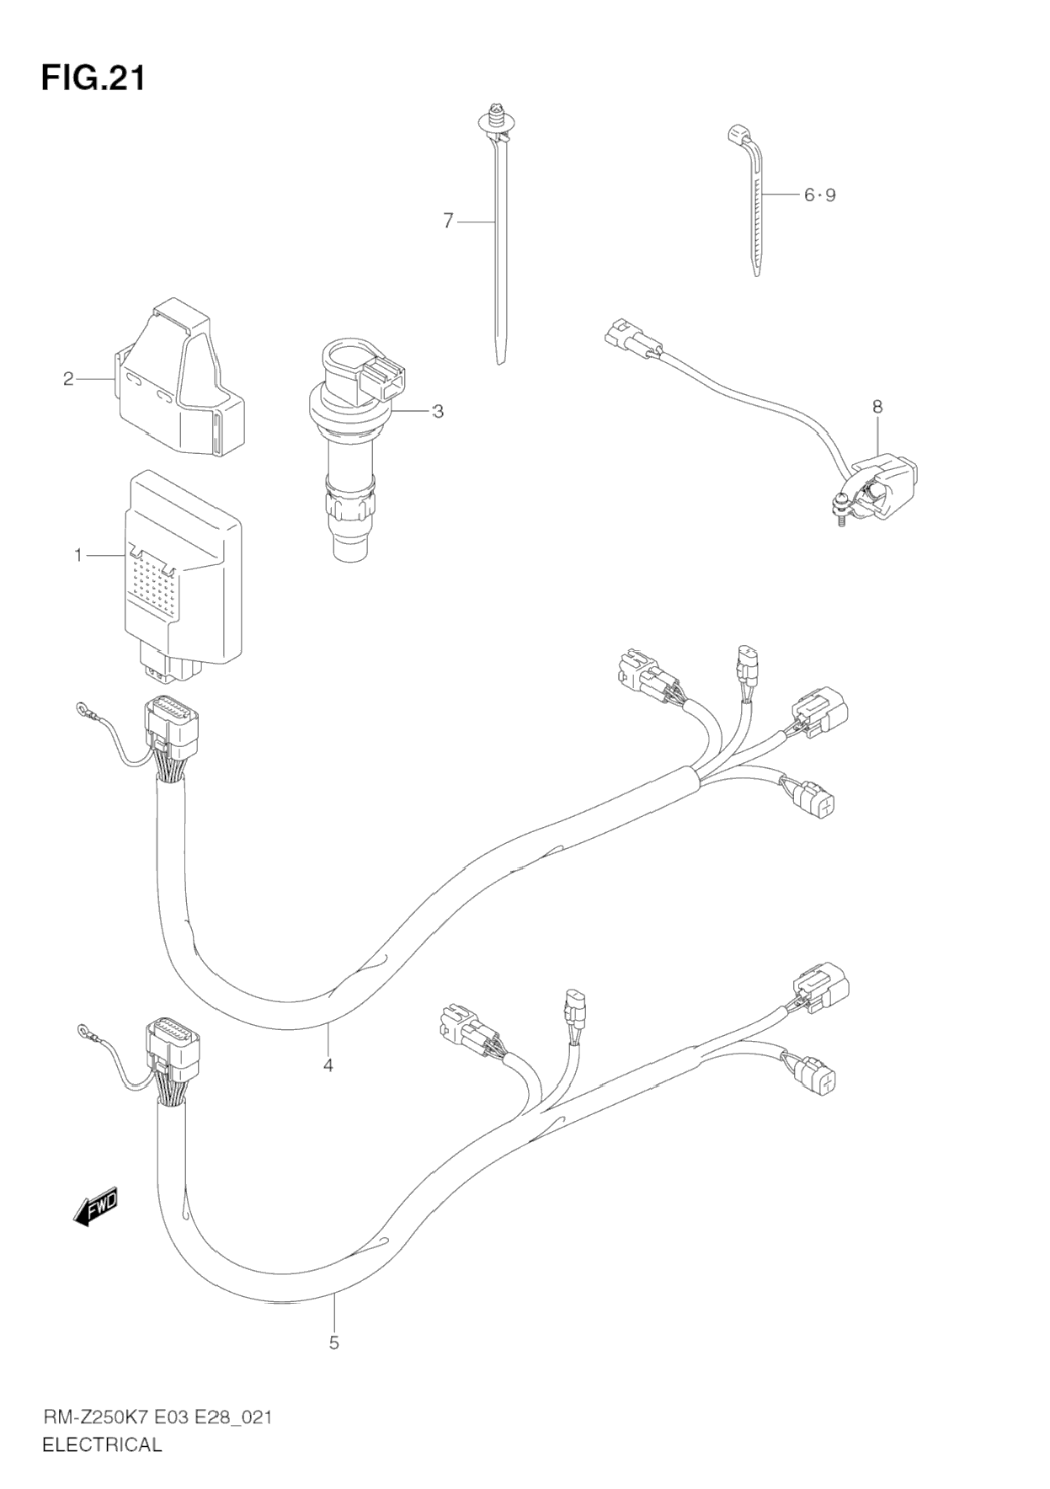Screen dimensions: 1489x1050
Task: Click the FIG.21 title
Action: point(93,77)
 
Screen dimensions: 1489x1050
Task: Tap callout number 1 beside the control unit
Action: point(78,555)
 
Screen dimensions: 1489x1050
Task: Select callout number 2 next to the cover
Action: point(69,379)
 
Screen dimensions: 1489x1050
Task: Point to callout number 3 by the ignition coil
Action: point(437,411)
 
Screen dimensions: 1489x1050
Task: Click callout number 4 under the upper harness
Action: point(328,1065)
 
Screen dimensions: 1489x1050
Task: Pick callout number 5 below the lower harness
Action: point(333,1342)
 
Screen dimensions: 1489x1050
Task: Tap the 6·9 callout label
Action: point(819,195)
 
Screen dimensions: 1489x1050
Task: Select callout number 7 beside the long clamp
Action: point(448,221)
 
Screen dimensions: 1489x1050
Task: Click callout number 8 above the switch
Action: point(877,407)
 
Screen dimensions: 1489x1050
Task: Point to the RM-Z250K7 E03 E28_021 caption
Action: point(157,1418)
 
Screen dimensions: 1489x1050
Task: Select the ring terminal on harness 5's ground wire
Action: point(85,1028)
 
